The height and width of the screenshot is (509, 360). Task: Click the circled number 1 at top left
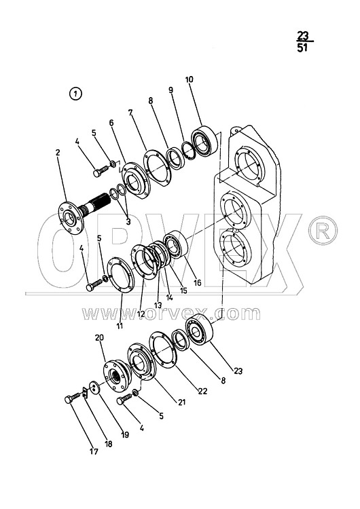pyautogui.click(x=75, y=94)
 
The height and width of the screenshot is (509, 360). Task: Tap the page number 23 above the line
pyautogui.click(x=302, y=35)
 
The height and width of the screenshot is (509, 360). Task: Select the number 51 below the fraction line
pyautogui.click(x=302, y=48)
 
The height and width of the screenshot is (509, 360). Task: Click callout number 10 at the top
pyautogui.click(x=189, y=79)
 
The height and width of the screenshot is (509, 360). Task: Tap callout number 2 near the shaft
pyautogui.click(x=58, y=152)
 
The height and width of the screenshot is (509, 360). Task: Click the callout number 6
pyautogui.click(x=111, y=123)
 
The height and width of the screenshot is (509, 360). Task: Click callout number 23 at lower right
pyautogui.click(x=238, y=371)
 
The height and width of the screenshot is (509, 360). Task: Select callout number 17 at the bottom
pyautogui.click(x=94, y=451)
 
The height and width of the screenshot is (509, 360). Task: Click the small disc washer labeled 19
pyautogui.click(x=94, y=388)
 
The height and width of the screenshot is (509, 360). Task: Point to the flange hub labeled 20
pyautogui.click(x=116, y=374)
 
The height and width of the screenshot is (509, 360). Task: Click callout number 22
pyautogui.click(x=202, y=391)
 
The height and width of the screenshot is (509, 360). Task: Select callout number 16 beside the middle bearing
pyautogui.click(x=197, y=283)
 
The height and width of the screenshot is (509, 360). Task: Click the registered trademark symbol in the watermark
pyautogui.click(x=323, y=230)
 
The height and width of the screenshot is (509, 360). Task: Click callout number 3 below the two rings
pyautogui.click(x=128, y=222)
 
